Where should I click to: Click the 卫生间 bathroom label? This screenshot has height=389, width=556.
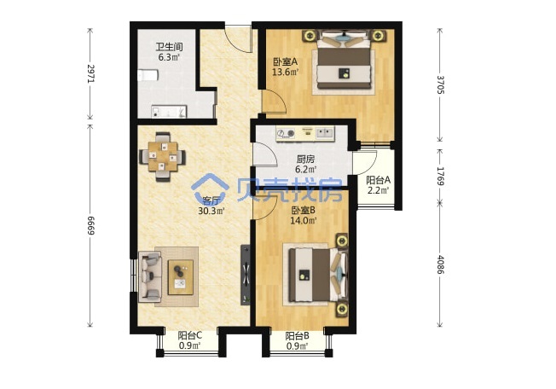pos(169,47)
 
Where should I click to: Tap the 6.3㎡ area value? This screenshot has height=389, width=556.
pos(169,57)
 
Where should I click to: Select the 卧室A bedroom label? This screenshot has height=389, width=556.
pos(285,62)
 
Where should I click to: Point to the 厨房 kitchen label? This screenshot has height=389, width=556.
pos(305,160)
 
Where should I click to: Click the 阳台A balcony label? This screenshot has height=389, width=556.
pos(378,180)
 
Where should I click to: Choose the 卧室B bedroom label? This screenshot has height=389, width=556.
pos(304,211)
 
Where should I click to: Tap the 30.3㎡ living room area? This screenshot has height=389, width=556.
pos(211,212)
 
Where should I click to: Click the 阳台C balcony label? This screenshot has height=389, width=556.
pos(190,335)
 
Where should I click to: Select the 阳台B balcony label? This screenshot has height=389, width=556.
pos(297,335)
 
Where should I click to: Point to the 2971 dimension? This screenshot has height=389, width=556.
pos(90,73)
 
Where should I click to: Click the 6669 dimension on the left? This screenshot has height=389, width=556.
pos(90,225)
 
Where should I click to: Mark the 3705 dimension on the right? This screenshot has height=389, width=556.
pos(440,84)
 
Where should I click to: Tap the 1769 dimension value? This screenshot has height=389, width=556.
pos(440,177)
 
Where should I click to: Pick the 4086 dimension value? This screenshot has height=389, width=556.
pos(440,264)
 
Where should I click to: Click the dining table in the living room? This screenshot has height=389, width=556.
pos(163,156)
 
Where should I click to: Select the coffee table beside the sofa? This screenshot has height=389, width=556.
pos(181,277)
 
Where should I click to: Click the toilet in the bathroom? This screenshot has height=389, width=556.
pos(148,75)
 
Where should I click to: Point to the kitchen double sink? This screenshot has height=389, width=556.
pos(324,133)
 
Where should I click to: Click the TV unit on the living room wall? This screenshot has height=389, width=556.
pos(246,275)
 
